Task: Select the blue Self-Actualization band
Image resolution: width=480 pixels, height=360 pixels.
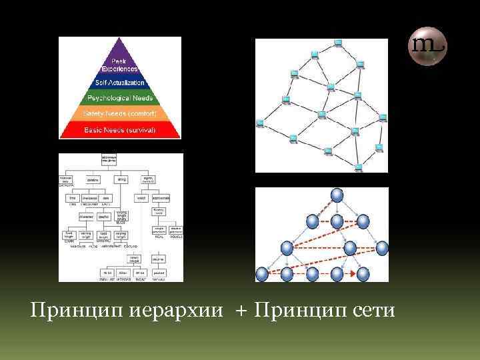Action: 120,83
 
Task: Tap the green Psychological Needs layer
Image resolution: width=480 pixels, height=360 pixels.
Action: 120,98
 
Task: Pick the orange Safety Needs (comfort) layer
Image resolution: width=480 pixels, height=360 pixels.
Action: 120,114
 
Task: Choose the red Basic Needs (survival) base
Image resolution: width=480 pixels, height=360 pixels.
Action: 120,129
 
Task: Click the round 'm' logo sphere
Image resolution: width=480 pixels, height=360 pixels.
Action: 427,45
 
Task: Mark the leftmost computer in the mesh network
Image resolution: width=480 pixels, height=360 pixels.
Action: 260,123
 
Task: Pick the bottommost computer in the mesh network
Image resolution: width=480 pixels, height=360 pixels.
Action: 358,166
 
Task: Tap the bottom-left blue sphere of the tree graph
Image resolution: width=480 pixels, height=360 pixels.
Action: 262,273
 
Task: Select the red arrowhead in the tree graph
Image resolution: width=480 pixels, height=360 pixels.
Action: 351,273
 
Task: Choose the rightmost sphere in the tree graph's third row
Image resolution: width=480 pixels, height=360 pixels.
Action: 381,248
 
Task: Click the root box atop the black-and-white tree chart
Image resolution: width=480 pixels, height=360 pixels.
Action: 108,159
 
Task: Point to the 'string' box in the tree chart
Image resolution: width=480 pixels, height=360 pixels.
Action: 122,179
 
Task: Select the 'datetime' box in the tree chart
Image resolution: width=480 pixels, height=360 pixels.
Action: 93,179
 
